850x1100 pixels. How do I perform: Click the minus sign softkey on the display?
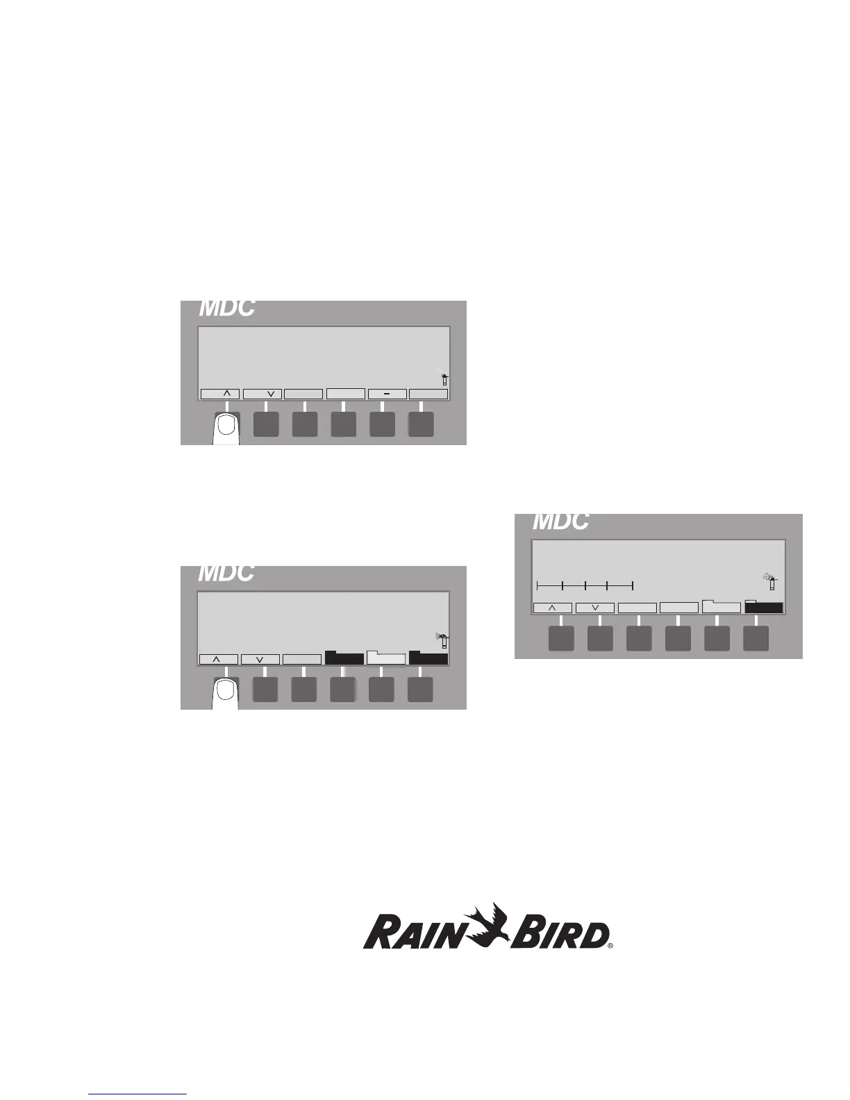coord(387,394)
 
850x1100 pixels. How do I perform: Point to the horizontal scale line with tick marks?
coord(585,585)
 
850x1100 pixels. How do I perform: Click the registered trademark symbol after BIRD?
coord(610,945)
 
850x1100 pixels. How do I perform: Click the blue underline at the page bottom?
coord(138,1094)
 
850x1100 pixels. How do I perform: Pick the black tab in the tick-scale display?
coord(763,607)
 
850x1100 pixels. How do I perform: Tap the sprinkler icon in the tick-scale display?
coord(769,582)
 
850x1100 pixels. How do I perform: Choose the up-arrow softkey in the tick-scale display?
coord(553,608)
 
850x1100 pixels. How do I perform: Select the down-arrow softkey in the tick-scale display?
coord(595,608)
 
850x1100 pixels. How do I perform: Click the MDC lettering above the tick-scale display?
coord(561,521)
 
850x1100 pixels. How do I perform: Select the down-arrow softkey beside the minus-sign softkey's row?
coord(262,394)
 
